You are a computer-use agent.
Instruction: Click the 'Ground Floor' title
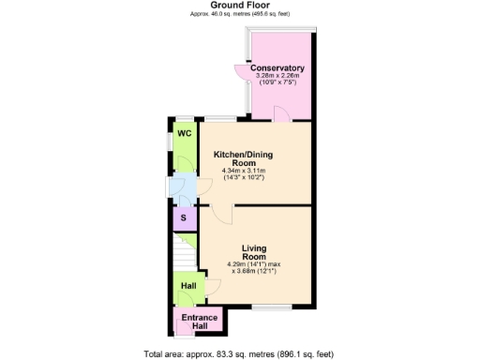(240, 6)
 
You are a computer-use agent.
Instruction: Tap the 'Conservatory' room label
(277, 68)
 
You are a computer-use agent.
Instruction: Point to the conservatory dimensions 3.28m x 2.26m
(277, 76)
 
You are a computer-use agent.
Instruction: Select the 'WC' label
(186, 134)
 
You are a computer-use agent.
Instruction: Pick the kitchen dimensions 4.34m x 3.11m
(244, 171)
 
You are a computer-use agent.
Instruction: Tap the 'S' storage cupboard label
(184, 219)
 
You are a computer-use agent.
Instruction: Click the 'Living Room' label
(254, 252)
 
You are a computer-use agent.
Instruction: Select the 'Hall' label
(188, 285)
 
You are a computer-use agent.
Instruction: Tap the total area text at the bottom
(239, 353)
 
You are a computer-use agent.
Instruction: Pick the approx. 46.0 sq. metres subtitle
(240, 14)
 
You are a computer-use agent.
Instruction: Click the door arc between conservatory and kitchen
(279, 113)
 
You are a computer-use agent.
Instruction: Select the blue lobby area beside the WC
(184, 188)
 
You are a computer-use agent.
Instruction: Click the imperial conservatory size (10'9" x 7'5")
(277, 82)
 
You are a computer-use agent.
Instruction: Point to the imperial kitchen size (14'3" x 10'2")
(244, 177)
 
